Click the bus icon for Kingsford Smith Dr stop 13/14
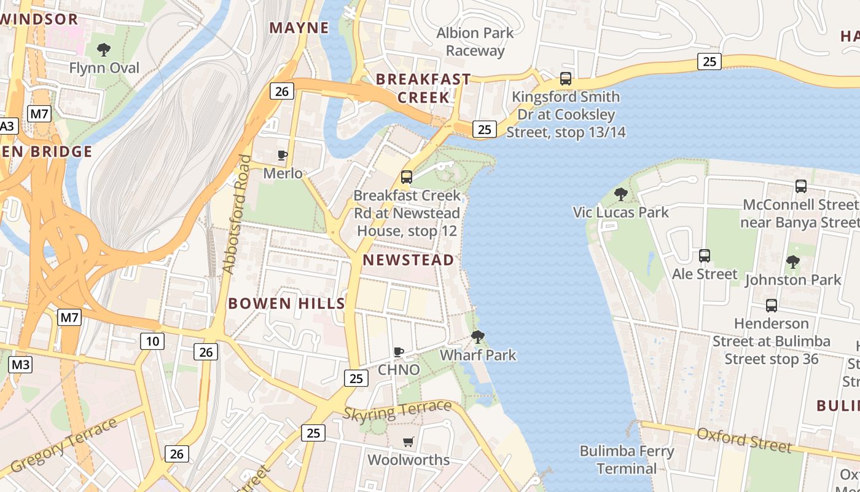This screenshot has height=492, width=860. (x=565, y=79)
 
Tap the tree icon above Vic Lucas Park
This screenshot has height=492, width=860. (x=620, y=194)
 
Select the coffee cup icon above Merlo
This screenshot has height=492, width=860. (x=283, y=155)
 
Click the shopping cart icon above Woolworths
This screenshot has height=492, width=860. (x=408, y=442)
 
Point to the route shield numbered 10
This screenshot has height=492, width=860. (x=152, y=341)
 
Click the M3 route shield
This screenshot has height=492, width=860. (x=20, y=365)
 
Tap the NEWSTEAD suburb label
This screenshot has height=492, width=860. (x=408, y=260)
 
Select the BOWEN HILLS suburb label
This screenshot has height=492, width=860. (x=286, y=303)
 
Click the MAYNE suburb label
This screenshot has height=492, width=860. (x=299, y=28)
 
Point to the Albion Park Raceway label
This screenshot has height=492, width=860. (x=475, y=42)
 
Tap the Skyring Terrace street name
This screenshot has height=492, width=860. (x=397, y=410)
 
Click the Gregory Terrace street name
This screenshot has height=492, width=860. (x=64, y=445)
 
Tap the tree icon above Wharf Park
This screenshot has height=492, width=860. (x=477, y=337)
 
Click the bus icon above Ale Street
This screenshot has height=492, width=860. (x=705, y=255)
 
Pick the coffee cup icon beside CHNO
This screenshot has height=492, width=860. (x=399, y=352)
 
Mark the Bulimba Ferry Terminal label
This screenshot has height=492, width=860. (x=627, y=460)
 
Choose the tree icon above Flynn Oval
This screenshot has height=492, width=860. (x=104, y=49)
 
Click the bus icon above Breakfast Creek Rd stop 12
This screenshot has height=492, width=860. (x=407, y=177)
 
